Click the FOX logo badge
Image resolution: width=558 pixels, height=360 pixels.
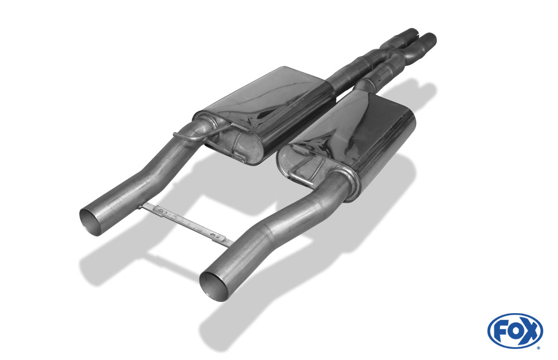[515, 331]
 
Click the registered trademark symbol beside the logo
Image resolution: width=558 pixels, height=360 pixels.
[538, 348]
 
